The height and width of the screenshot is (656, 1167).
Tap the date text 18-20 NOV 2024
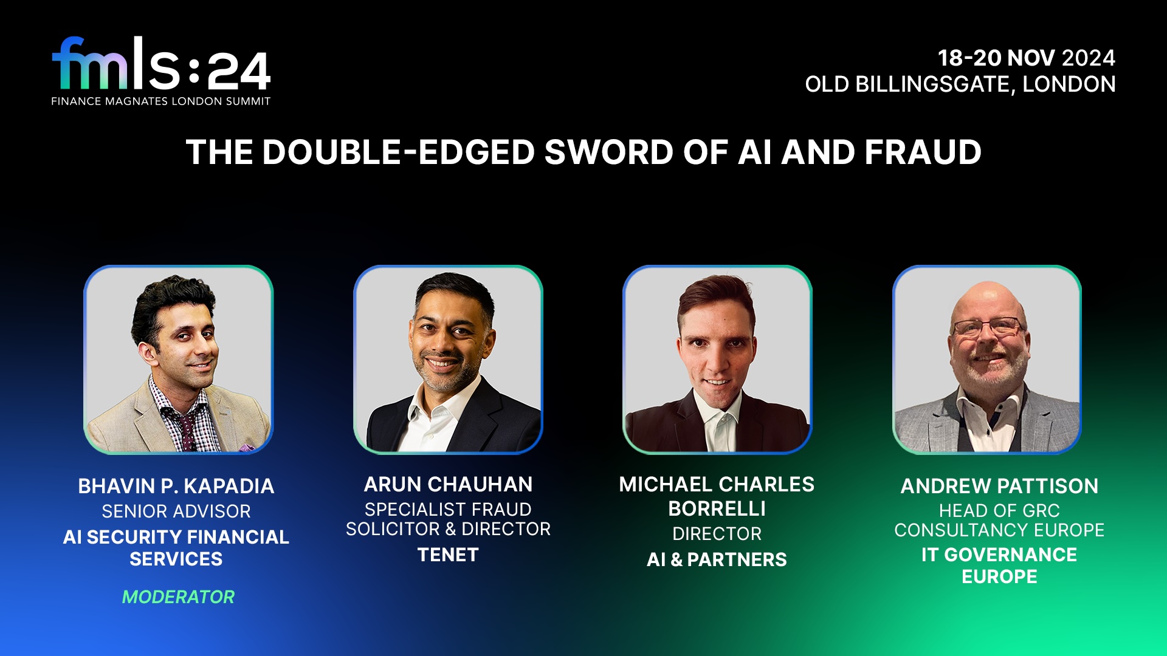point(1026,58)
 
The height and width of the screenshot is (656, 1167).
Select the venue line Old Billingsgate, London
point(960,84)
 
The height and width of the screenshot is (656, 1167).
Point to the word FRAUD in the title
point(923,152)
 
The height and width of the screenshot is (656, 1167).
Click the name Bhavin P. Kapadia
point(176,486)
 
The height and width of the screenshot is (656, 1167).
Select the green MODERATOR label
point(178,597)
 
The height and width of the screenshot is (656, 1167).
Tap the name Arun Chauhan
point(448,484)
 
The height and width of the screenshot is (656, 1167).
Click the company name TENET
point(448,555)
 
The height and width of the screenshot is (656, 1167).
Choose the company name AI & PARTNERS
point(717,559)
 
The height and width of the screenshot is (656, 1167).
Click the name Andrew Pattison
point(999,486)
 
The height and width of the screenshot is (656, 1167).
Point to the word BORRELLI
point(717,509)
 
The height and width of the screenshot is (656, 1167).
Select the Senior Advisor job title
point(176,511)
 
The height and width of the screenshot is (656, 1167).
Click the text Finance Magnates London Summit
point(161,101)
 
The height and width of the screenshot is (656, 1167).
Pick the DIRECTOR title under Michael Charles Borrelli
point(717,534)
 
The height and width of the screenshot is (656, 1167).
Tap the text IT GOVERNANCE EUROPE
point(999,565)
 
